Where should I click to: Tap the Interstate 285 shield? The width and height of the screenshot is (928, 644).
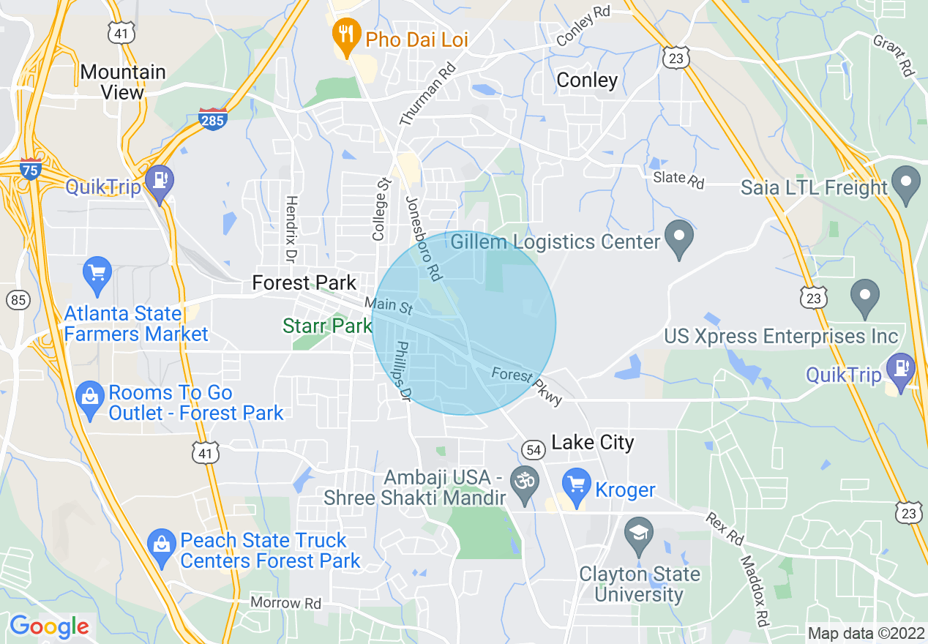coord(212,119)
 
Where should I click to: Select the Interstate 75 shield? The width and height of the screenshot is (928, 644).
coord(31,168)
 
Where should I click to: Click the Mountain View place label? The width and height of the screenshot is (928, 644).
coord(123,82)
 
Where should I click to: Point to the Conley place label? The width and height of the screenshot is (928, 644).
coord(587,80)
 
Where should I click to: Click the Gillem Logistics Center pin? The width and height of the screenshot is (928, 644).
coord(679,239)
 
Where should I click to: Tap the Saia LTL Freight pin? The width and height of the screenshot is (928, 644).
coord(908,184)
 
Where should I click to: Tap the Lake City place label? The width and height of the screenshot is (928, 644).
coord(592,442)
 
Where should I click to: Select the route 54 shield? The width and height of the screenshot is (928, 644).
coord(534,450)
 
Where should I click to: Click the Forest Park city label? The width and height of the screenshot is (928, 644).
coord(304,282)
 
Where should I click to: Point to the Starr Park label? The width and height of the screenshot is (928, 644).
coord(327,326)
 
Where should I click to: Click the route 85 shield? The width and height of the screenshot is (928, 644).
coord(18,299)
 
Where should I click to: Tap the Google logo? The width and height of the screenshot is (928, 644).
coord(49,626)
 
